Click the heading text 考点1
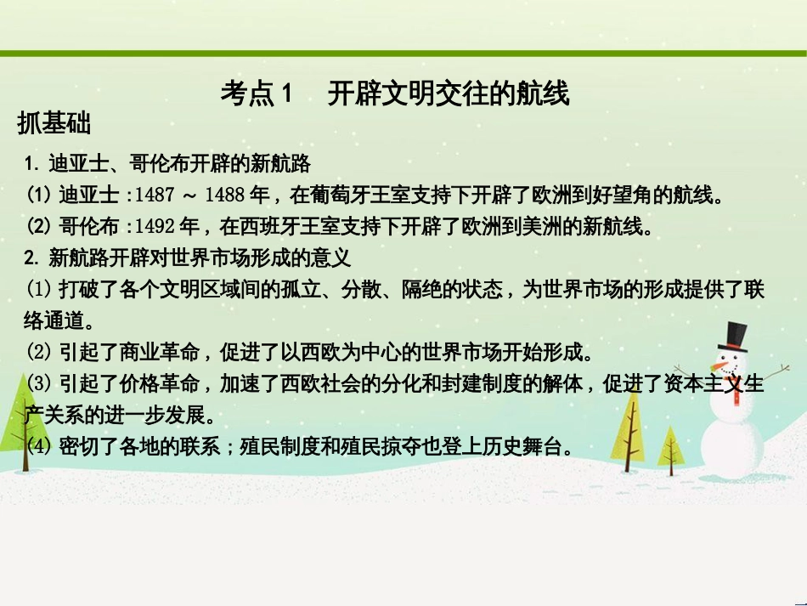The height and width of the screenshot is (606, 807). tap(256, 93)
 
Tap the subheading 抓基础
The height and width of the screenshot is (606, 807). tap(54, 124)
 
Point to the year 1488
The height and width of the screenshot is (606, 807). tap(224, 195)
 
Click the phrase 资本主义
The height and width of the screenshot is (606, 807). tap(697, 383)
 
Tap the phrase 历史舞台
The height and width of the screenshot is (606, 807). tap(527, 446)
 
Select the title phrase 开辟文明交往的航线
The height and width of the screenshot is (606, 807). tap(448, 93)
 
